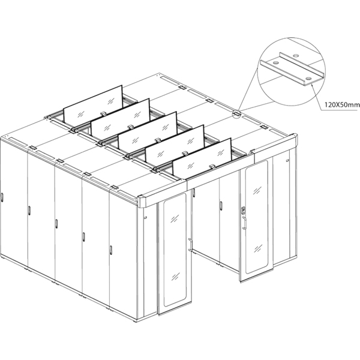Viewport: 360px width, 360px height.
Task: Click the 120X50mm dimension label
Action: point(342,105)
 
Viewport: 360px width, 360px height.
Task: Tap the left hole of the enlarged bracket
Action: point(276,62)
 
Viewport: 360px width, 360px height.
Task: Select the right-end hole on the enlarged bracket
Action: point(308,79)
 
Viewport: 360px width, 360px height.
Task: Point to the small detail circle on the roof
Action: point(236,113)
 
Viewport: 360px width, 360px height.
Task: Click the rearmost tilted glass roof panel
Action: point(93,104)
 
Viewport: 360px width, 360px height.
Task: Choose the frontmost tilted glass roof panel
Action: point(202,159)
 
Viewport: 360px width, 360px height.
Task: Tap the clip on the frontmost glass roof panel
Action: point(212,166)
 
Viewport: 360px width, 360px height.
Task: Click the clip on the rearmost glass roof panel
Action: point(104,113)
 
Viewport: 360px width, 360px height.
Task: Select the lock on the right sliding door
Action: point(244,211)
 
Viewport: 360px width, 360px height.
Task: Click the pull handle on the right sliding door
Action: point(244,223)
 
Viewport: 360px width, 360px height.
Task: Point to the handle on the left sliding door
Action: point(190,245)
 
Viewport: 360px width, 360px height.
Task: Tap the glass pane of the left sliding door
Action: point(175,251)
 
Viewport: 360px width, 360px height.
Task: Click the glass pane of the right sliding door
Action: point(256,217)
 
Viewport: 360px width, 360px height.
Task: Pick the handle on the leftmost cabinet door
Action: point(2,197)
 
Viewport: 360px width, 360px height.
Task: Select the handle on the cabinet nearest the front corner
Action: point(111,250)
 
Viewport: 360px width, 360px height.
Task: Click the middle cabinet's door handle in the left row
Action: point(56,224)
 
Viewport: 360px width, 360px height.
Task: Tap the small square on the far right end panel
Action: point(287,160)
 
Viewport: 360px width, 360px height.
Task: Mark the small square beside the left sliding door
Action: point(145,217)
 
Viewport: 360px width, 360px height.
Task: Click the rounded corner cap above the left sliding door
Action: point(140,201)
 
